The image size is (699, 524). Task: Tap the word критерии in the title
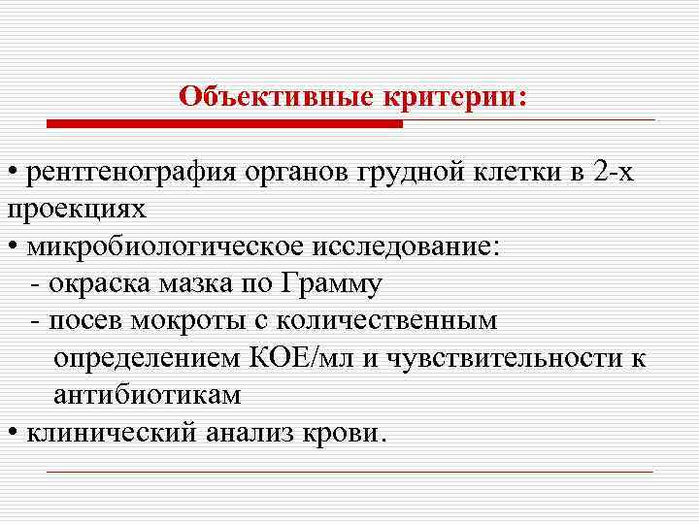point(458,97)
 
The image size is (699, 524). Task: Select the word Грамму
point(330,284)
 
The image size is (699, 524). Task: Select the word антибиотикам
point(147,395)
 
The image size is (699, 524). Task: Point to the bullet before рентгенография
point(12,175)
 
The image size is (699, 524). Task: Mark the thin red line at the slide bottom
point(349,472)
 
